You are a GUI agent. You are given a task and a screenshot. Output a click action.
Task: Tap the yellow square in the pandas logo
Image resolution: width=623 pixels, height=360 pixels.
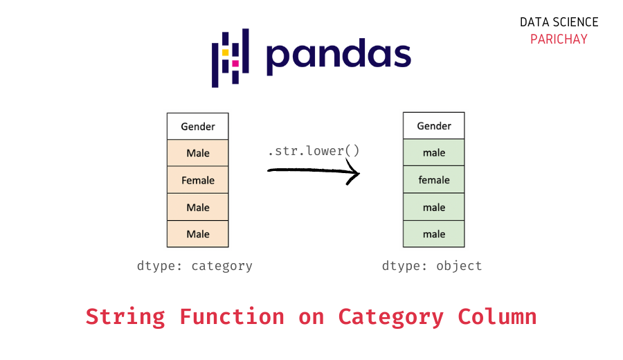[225, 53]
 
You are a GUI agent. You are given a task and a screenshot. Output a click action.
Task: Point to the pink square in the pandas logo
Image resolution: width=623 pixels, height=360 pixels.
[235, 63]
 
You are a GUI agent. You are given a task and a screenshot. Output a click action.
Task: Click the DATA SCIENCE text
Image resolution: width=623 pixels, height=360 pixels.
[559, 22]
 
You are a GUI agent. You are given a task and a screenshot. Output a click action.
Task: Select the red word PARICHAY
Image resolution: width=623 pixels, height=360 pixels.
[559, 39]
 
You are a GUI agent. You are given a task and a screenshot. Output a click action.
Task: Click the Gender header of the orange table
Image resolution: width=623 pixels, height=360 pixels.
[198, 127]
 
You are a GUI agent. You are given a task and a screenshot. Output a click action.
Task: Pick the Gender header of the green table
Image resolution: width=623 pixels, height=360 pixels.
[434, 126]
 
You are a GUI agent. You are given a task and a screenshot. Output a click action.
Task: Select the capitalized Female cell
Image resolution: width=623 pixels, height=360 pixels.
[198, 180]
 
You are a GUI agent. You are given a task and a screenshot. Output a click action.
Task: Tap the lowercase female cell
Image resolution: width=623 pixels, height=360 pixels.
[434, 180]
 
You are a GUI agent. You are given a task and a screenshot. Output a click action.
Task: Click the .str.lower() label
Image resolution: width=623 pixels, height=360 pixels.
[314, 150]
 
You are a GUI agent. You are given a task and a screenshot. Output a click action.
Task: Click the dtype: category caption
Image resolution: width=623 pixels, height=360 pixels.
[195, 266]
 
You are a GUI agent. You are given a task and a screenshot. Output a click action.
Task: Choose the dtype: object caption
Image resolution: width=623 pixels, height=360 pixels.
[432, 266]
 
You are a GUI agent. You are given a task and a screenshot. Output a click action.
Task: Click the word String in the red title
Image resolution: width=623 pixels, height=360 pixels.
[125, 317]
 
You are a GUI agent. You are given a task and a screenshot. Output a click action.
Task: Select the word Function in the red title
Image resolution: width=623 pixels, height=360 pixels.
[232, 317]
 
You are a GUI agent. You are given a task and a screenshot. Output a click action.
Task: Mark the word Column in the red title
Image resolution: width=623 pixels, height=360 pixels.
[497, 317]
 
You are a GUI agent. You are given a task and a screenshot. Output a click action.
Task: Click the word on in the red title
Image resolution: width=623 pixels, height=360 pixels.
[311, 317]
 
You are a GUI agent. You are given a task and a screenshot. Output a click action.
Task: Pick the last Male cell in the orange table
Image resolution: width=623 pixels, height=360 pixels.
[198, 234]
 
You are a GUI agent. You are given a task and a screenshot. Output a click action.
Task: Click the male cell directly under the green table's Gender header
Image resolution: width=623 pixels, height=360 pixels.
[434, 153]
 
